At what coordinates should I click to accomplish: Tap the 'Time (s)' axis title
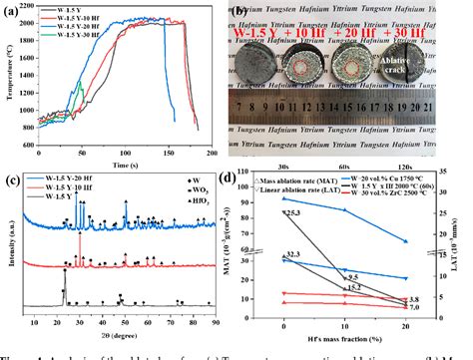[x=125, y=164]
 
